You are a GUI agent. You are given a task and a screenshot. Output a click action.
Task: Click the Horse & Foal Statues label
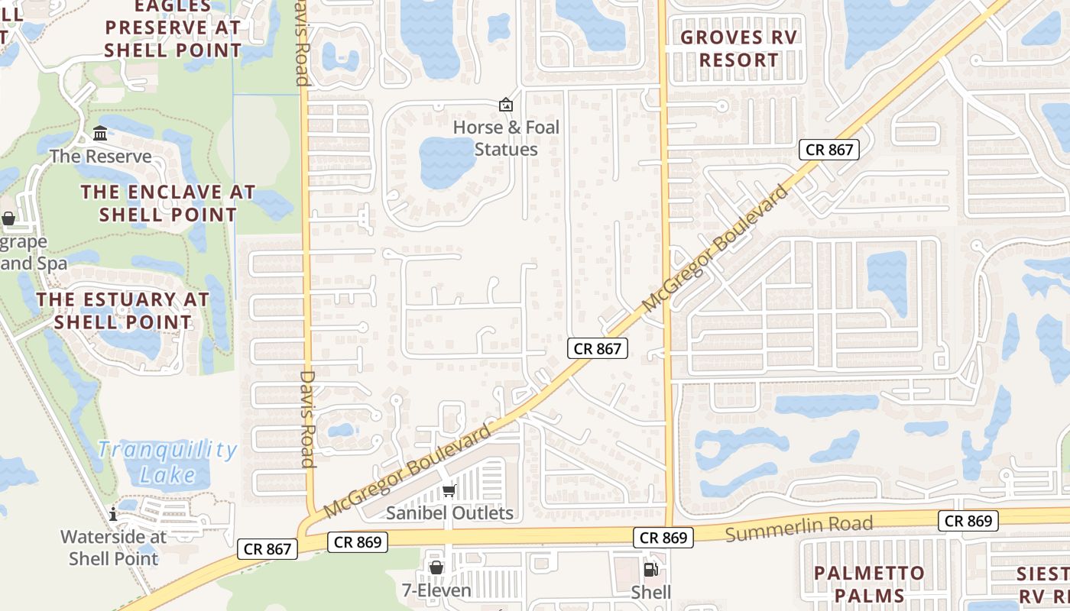[506, 138]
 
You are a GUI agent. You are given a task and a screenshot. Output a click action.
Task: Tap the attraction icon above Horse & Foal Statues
[506, 105]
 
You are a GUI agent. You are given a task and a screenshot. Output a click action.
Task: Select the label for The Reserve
[101, 157]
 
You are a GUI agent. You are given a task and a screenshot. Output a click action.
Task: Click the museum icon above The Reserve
[100, 134]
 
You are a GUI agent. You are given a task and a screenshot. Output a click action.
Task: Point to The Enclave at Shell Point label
[168, 203]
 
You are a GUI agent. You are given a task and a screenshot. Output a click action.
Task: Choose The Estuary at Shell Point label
[122, 311]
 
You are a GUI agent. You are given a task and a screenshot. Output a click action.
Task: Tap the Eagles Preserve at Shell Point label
[173, 29]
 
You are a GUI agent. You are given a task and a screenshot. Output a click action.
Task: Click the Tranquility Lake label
[167, 462]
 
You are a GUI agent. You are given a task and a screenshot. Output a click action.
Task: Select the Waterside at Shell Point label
[113, 548]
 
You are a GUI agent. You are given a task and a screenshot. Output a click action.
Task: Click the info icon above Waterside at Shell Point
[113, 514]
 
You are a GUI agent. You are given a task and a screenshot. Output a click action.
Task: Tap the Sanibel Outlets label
[449, 512]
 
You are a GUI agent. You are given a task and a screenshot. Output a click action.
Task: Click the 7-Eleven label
[436, 590]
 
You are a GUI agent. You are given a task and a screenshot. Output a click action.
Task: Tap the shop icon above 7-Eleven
[436, 567]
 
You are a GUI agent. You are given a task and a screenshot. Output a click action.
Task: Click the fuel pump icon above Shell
[651, 569]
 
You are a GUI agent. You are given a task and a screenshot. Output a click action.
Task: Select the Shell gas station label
[651, 592]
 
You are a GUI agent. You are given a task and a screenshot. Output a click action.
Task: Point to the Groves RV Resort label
[739, 48]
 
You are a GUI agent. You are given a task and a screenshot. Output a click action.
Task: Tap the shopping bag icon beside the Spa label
[8, 219]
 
